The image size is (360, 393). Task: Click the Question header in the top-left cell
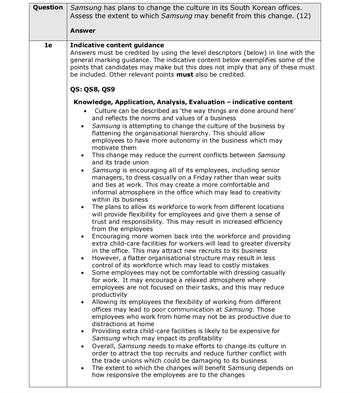click(x=48, y=8)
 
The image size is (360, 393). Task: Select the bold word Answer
click(x=83, y=31)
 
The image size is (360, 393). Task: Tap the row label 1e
click(x=48, y=45)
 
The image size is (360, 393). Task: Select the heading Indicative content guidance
click(x=117, y=45)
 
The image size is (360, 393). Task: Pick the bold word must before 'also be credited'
click(x=185, y=74)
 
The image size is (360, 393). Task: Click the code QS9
click(x=108, y=89)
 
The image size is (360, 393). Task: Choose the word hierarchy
click(x=195, y=133)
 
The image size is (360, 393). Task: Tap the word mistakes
click(x=254, y=265)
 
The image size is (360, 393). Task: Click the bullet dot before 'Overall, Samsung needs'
click(x=82, y=346)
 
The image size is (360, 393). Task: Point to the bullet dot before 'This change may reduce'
click(x=82, y=155)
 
